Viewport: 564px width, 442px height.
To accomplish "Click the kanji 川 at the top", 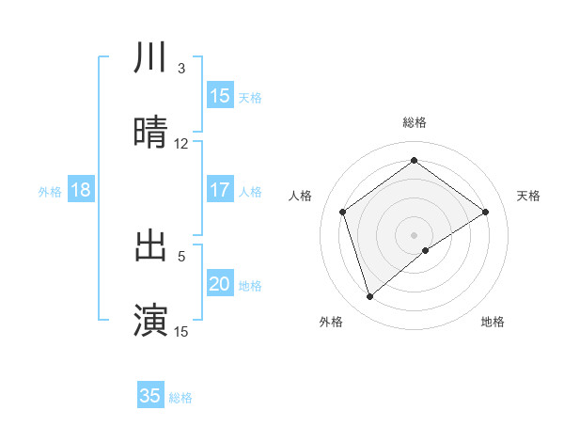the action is [151, 59].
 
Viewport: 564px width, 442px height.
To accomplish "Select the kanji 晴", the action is [151, 133].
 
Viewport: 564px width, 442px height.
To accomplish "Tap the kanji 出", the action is [151, 245].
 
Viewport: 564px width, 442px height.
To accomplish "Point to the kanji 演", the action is [151, 319].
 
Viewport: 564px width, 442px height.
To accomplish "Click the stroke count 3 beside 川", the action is [181, 69].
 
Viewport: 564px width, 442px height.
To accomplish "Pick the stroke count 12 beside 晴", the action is [181, 143].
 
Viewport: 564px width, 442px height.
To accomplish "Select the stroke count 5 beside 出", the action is [181, 255].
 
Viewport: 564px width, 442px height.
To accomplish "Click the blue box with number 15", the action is [220, 96].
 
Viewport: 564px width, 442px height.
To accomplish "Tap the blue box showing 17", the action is [220, 190].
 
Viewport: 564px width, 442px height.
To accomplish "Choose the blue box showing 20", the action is [220, 284].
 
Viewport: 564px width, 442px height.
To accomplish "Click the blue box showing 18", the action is [81, 190].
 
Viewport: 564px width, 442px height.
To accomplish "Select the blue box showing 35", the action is [150, 396].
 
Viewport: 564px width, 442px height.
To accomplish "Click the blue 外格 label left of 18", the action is [50, 192].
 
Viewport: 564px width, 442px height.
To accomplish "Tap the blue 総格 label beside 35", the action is [180, 398].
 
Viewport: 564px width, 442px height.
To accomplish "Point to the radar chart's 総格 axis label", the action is [415, 122].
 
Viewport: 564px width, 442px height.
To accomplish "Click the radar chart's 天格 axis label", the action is [529, 196].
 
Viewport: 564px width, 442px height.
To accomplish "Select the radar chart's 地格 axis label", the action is [493, 322].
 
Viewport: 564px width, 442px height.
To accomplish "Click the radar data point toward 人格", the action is [343, 212].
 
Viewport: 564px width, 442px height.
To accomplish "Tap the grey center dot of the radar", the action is [415, 234].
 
